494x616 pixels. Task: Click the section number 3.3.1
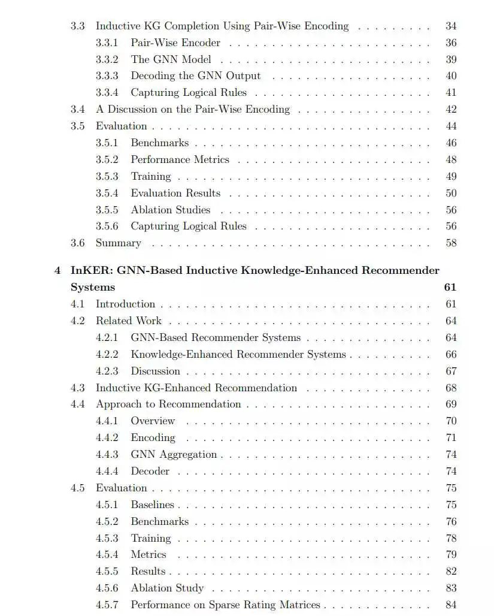click(x=107, y=43)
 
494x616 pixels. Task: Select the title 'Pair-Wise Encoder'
click(x=175, y=43)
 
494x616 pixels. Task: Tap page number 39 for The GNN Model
click(x=451, y=59)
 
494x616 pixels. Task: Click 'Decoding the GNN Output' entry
click(x=196, y=76)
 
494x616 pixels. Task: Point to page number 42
click(x=451, y=110)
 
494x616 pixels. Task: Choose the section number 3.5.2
click(x=107, y=160)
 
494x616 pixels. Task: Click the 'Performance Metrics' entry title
click(x=180, y=160)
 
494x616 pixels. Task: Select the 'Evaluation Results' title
click(x=175, y=194)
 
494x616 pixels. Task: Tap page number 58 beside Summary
click(x=451, y=243)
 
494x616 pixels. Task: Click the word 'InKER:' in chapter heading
click(x=90, y=270)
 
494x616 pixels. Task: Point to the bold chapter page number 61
click(x=450, y=287)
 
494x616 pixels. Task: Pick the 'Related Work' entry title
click(x=129, y=321)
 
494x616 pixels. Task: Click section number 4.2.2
click(x=107, y=354)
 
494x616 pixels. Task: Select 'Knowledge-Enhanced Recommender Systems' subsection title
click(x=238, y=354)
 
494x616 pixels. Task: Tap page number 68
click(x=451, y=388)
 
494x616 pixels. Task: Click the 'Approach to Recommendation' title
click(x=168, y=404)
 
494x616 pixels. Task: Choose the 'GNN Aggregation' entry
click(x=174, y=454)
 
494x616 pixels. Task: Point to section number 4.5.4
click(x=107, y=555)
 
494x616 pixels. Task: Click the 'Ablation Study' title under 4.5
click(x=167, y=588)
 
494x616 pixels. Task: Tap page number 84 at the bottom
click(x=451, y=605)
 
